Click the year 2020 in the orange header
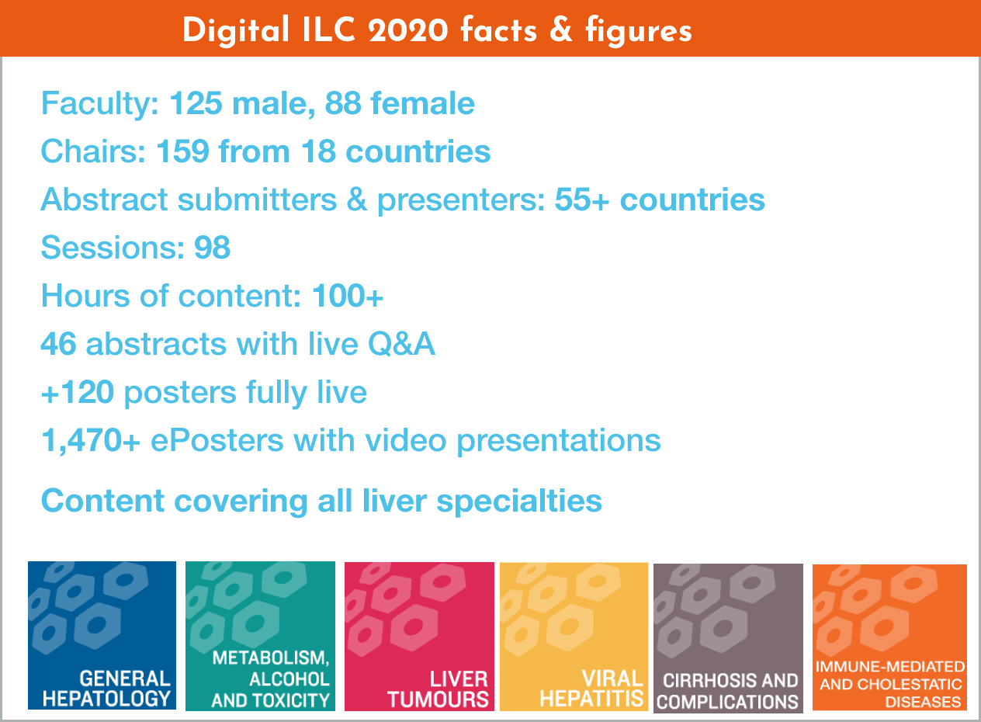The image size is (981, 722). click(408, 31)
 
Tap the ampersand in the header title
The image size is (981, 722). click(560, 30)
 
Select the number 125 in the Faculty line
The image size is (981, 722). click(196, 103)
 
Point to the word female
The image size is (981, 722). click(423, 103)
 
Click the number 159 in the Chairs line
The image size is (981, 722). click(182, 151)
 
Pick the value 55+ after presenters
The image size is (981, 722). click(582, 200)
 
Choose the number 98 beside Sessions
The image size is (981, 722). click(212, 248)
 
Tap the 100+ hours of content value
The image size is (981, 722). click(348, 296)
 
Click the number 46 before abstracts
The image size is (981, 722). click(59, 344)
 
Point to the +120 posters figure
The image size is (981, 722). click(78, 392)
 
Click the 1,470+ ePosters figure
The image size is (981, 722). click(91, 440)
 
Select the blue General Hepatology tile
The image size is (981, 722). click(102, 635)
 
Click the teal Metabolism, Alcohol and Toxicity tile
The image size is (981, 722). click(260, 636)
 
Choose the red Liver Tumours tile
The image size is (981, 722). click(419, 637)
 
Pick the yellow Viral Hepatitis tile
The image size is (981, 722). click(574, 637)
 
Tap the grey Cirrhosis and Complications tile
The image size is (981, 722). click(728, 638)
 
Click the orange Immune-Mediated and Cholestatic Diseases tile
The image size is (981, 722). click(889, 637)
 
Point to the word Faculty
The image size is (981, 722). click(100, 104)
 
